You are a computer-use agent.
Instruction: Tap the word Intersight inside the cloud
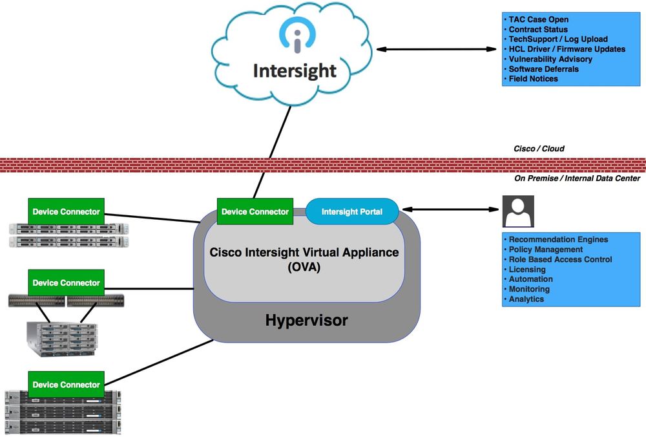point(295,70)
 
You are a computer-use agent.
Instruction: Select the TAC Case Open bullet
point(538,19)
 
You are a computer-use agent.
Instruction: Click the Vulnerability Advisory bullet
point(550,59)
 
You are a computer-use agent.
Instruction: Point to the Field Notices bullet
point(533,79)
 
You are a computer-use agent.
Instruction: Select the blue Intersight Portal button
point(351,211)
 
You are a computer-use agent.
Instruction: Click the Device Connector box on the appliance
point(255,211)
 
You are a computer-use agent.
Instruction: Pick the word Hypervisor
point(307,320)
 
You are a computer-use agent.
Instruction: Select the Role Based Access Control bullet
point(560,259)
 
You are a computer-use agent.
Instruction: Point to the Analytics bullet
point(526,299)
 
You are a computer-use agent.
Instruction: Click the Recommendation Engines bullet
point(558,239)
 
